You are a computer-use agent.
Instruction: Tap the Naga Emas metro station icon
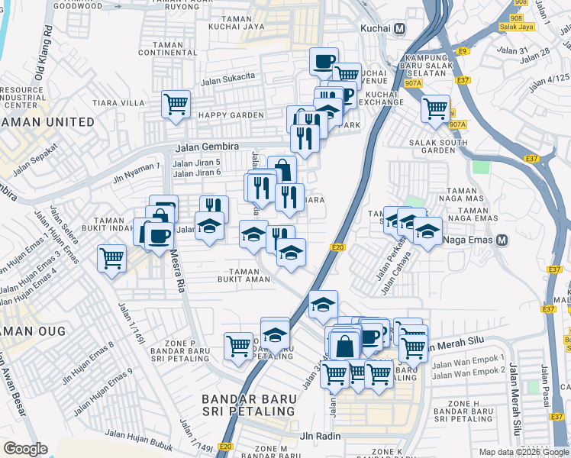[502, 240]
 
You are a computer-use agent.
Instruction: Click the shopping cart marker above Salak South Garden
[435, 108]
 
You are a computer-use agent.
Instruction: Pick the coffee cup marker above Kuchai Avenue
[324, 60]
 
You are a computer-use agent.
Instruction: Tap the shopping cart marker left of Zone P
[238, 346]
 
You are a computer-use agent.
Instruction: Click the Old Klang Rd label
[44, 53]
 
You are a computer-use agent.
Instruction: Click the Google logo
[25, 449]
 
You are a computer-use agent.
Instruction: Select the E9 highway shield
[462, 51]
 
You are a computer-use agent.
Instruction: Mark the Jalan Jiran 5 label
[197, 163]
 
